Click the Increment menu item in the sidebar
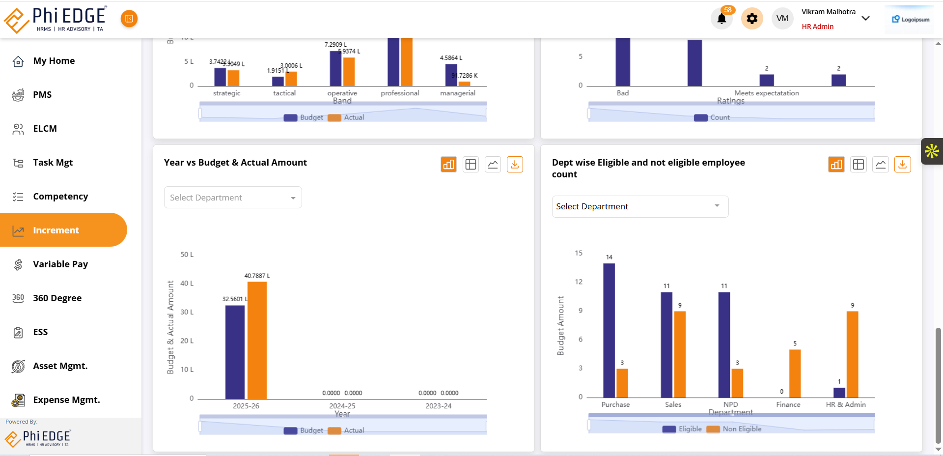point(55,230)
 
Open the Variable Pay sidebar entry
point(60,264)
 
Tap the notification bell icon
point(721,19)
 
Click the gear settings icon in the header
point(752,19)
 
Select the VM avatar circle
point(782,19)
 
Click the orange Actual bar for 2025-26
point(257,340)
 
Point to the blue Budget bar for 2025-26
point(235,352)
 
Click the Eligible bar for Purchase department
point(609,330)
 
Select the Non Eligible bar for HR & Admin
point(853,354)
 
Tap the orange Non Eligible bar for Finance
point(795,373)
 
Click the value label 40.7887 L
point(257,276)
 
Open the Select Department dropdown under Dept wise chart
point(639,207)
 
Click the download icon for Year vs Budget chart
point(515,165)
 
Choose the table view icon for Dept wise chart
point(859,165)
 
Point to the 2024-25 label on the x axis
point(342,406)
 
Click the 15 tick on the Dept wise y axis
point(579,253)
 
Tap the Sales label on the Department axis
point(673,404)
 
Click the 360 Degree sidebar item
point(57,298)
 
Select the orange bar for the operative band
point(349,72)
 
